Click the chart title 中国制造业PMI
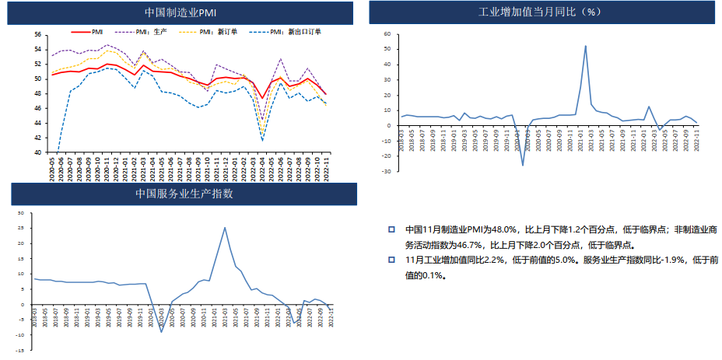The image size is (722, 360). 181,13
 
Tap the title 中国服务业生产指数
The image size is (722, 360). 184,194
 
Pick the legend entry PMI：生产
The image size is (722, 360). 140,32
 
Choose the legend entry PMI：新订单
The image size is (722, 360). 205,32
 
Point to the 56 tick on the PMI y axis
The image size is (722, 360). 37,35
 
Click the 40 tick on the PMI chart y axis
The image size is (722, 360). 37,152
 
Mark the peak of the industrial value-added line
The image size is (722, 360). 585,46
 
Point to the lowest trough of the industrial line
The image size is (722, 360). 523,165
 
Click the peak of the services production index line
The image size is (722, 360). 225,228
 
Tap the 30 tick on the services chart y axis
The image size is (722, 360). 21,213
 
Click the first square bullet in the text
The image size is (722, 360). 392,230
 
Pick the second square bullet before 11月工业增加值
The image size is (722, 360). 392,260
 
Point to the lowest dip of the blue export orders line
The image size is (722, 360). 263,141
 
